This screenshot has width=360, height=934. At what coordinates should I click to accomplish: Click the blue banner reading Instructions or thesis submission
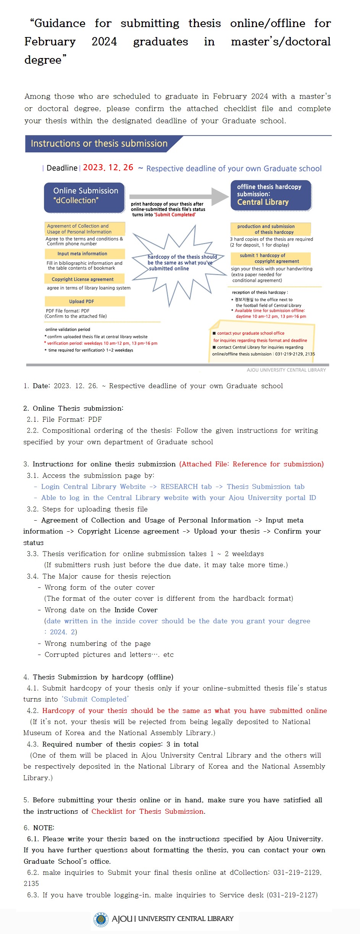click(x=99, y=144)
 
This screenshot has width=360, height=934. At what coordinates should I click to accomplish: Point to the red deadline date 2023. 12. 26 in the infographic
click(x=108, y=168)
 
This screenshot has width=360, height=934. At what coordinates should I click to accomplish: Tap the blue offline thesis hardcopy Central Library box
click(x=271, y=195)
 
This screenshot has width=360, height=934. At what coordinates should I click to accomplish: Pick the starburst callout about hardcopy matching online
click(x=179, y=263)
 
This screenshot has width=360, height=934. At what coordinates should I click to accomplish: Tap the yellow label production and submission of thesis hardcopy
click(x=270, y=229)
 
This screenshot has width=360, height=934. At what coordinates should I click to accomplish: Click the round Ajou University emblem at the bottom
click(x=101, y=919)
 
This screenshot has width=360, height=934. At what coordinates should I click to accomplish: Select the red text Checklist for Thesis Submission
click(x=148, y=811)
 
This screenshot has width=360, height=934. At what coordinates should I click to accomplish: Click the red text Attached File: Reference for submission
click(x=252, y=464)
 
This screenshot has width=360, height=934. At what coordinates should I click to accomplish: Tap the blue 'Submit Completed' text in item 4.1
click(x=95, y=699)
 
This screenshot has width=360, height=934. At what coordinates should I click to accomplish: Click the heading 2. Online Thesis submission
click(x=73, y=408)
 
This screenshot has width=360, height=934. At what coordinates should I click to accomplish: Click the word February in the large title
click(x=50, y=42)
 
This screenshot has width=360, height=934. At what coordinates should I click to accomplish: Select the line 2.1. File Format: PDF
click(x=64, y=419)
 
